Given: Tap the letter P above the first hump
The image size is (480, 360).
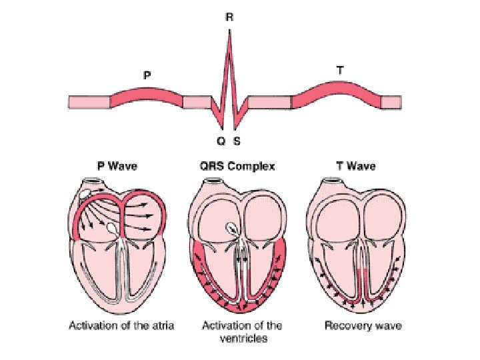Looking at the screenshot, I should click(x=147, y=76).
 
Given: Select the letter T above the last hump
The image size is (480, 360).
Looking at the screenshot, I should click(x=341, y=69).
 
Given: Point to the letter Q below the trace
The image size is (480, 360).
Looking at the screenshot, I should click(x=221, y=141).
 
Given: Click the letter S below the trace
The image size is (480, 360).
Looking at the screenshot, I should click(x=237, y=141).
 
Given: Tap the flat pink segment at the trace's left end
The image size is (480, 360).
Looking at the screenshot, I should click(x=89, y=101).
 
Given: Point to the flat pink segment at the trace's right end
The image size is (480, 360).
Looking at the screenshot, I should click(x=391, y=101).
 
